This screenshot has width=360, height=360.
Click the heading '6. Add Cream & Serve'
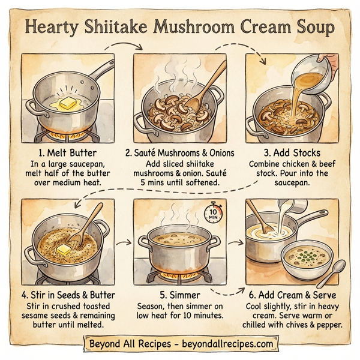293,296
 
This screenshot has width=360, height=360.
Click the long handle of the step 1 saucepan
99,71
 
